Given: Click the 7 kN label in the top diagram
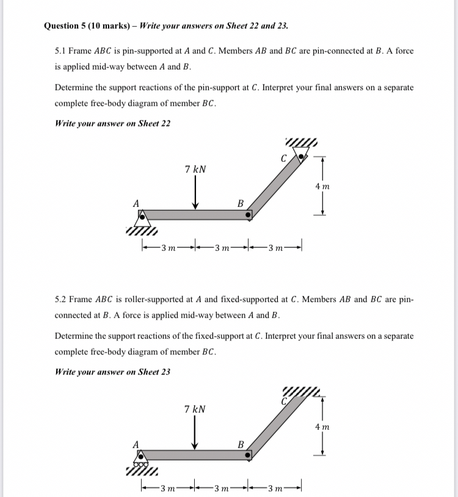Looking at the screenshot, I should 195,169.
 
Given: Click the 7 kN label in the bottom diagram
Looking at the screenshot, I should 195,409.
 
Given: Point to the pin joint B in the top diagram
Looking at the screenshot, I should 248,215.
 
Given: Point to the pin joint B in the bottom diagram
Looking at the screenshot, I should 248,455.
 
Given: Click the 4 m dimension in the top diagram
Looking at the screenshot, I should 322,186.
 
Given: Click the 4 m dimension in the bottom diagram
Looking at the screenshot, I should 322,427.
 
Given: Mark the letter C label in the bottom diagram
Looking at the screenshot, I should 284,401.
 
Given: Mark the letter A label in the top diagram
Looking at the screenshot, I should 136,203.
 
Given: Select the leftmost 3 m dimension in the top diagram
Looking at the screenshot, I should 168,247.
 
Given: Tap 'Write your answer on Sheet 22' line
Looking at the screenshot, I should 113,123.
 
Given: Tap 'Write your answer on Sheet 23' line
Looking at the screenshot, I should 113,371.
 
